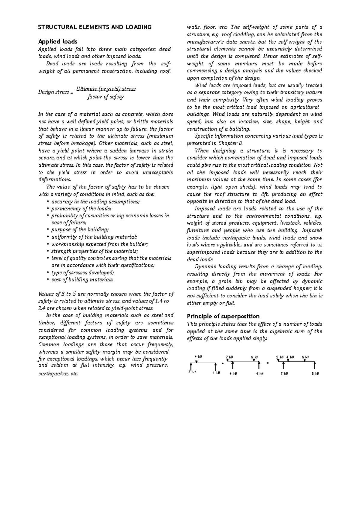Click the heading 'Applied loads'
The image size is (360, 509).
58,41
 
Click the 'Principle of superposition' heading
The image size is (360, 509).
223,316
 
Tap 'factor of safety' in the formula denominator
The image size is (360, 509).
106,97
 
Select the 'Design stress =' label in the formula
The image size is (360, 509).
55,92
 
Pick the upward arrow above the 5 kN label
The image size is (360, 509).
315,366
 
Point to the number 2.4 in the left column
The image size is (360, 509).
42,308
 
